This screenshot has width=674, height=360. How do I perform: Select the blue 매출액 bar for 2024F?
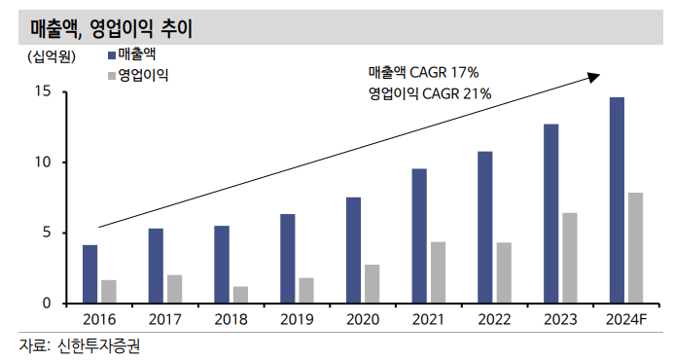click(617, 199)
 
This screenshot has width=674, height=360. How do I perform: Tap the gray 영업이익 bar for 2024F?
click(635, 247)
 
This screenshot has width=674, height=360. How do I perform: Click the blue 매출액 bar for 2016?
click(89, 273)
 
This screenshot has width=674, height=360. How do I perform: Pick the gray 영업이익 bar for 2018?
click(240, 294)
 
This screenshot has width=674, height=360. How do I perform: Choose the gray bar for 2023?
click(570, 258)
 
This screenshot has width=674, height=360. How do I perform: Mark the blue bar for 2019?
click(287, 258)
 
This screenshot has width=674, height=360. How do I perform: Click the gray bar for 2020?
click(372, 283)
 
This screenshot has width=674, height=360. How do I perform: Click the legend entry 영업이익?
click(143, 75)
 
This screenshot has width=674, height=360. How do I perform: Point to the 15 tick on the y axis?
click(42, 91)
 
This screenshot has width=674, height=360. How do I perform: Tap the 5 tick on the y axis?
click(46, 233)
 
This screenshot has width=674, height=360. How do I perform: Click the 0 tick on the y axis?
click(46, 304)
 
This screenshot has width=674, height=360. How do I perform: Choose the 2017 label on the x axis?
click(164, 318)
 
